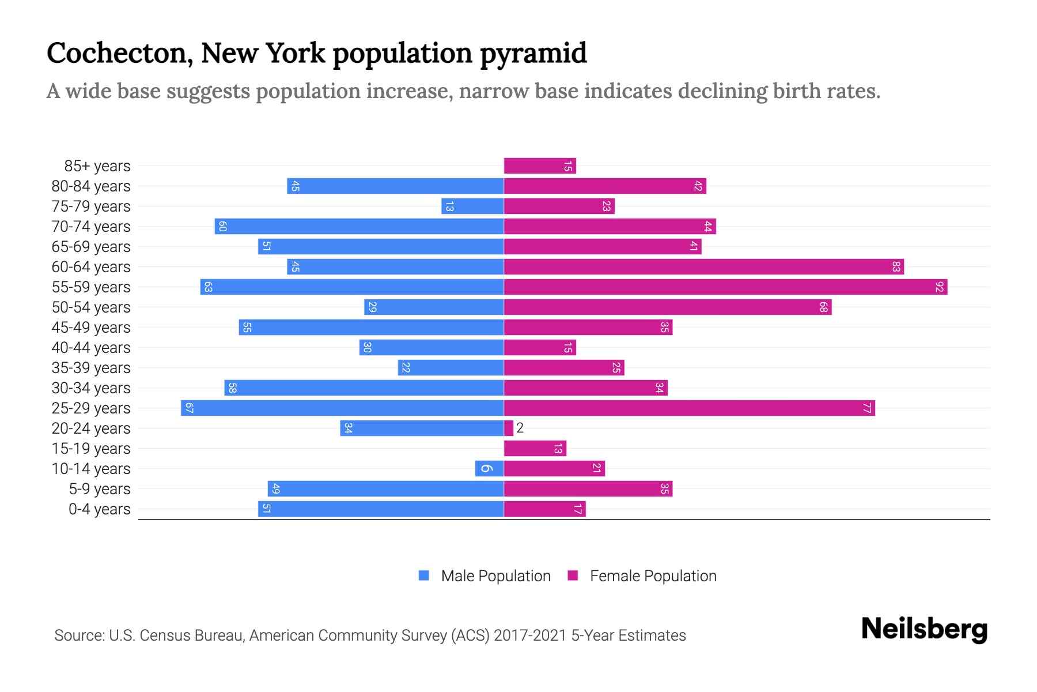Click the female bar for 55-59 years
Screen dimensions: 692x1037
[725, 287]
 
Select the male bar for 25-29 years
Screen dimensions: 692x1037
[342, 408]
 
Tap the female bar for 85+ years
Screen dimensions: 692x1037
[540, 166]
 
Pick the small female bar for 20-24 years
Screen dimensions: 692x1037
[508, 428]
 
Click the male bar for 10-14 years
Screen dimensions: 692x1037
[489, 468]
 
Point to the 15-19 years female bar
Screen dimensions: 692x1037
[535, 448]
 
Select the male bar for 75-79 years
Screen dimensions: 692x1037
[472, 206]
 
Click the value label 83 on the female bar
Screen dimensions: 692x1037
[896, 266]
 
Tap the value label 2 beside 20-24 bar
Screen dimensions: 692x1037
[520, 428]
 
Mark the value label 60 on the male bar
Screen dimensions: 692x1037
[222, 226]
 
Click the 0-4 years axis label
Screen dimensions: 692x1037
[99, 509]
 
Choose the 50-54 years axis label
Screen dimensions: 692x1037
[91, 307]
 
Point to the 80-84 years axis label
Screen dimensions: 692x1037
[91, 186]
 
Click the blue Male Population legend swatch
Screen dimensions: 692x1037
[424, 576]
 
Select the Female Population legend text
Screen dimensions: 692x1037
[653, 576]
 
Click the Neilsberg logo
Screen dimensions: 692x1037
[924, 629]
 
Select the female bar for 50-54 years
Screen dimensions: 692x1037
[667, 307]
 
